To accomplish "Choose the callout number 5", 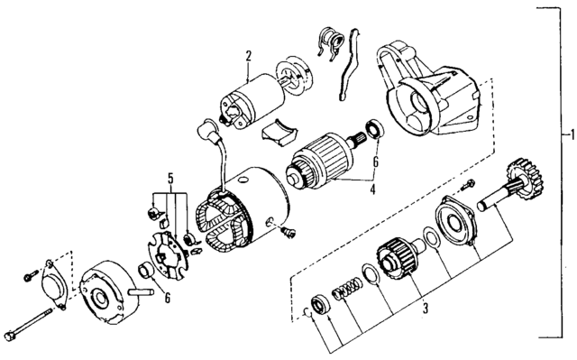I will pos(168,176).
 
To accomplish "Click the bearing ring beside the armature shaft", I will pos(372,129).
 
